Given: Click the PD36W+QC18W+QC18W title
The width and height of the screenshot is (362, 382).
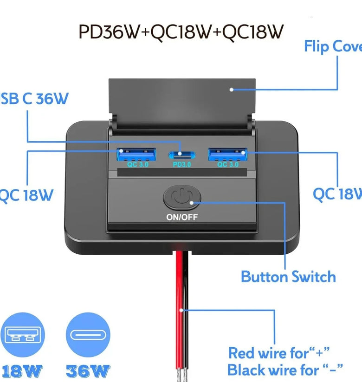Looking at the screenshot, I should (x=181, y=31).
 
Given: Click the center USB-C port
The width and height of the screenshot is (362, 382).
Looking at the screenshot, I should (x=182, y=155).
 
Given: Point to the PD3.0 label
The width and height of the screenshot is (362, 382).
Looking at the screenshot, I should (x=181, y=164).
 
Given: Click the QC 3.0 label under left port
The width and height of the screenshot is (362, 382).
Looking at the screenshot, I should (x=137, y=164).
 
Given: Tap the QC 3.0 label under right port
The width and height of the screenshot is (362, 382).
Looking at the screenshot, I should (x=228, y=164).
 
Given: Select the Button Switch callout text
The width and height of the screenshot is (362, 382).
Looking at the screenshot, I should (x=288, y=276).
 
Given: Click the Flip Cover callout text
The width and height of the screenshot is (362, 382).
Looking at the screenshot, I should (x=332, y=46).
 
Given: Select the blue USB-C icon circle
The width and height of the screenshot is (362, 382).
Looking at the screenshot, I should (x=88, y=335).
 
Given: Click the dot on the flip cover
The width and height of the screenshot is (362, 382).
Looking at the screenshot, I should (x=232, y=89).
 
